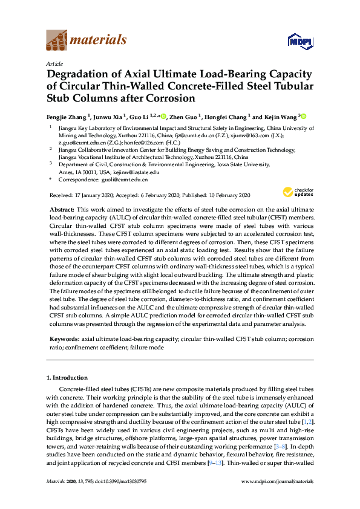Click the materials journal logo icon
tap(57, 41)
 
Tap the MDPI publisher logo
tap(301, 41)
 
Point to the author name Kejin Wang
tap(281, 116)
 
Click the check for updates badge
tap(297, 193)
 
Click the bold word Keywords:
tap(64, 340)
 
